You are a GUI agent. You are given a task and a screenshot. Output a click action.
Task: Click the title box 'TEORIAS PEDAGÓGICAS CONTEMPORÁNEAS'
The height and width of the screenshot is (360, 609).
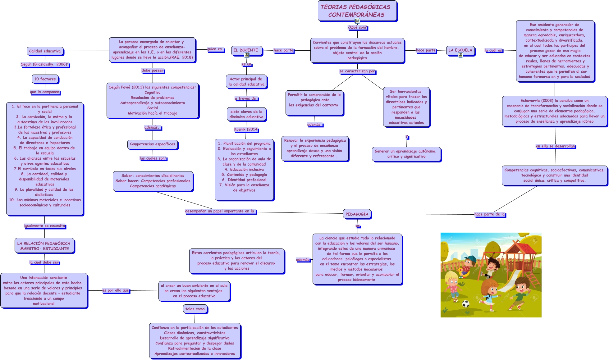[x=357, y=11]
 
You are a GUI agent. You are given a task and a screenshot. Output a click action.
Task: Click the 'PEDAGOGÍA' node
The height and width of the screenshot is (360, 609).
[x=357, y=214]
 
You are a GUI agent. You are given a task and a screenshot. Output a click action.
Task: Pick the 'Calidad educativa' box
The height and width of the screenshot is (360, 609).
[x=45, y=51]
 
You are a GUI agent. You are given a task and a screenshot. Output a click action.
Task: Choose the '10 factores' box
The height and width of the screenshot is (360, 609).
[x=45, y=79]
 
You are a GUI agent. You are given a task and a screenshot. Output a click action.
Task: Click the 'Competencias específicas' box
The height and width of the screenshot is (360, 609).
[x=152, y=144]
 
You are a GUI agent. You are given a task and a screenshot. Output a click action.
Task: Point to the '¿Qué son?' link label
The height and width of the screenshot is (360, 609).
[x=357, y=27]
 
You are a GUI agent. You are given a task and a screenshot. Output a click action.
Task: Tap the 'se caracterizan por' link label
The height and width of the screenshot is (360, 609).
[x=357, y=71]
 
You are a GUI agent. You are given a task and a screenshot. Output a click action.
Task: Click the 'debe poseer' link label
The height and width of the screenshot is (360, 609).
[x=152, y=71]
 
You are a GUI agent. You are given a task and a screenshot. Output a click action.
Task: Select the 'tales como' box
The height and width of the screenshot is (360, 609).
[x=195, y=309]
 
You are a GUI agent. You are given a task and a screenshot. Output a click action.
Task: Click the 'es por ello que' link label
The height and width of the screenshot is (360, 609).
[x=116, y=290]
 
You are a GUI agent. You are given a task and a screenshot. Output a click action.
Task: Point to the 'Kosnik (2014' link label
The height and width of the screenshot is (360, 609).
[x=246, y=130]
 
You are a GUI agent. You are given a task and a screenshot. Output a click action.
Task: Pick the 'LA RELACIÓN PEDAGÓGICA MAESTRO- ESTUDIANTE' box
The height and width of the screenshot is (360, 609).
[x=44, y=246]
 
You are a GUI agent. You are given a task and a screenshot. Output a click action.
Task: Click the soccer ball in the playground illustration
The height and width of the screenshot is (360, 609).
[x=465, y=303]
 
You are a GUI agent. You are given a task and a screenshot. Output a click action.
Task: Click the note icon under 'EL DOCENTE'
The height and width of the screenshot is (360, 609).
[x=247, y=55]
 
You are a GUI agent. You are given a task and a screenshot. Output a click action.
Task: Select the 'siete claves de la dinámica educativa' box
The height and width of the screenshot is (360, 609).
[x=246, y=114]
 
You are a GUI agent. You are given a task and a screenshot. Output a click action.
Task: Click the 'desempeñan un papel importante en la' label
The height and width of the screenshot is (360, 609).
[x=219, y=211]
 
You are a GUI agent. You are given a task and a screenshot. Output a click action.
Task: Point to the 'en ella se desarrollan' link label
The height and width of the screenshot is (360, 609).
[x=555, y=146]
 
